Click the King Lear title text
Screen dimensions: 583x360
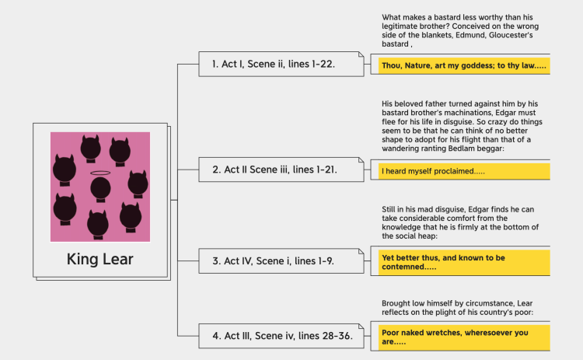[x=100, y=259]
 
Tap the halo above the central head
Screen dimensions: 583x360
[x=100, y=173]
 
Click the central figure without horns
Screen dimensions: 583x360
[x=100, y=190]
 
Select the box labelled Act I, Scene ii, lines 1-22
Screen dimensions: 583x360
[x=281, y=64]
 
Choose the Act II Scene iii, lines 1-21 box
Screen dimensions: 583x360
[x=281, y=170]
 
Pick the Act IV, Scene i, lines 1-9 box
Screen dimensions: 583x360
[x=281, y=261]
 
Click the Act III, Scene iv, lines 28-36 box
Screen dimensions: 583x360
[x=281, y=336]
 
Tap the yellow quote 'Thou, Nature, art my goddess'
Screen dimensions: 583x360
[x=464, y=65]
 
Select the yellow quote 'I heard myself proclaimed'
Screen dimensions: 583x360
[x=464, y=171]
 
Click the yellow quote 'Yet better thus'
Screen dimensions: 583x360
[x=464, y=262]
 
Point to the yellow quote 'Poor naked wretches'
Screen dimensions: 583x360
[x=464, y=337]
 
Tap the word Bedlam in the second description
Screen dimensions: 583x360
[x=461, y=149]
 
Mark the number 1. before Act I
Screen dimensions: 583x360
[x=215, y=64]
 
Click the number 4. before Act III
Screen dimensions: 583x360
[x=216, y=336]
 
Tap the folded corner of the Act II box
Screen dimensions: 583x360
[x=361, y=159]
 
